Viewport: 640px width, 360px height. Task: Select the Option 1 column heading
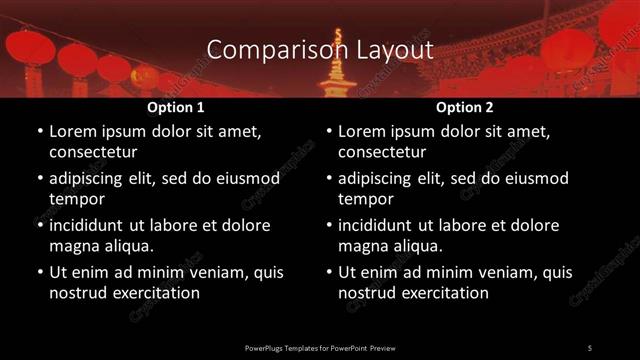click(176, 107)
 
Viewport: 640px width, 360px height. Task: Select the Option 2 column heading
click(465, 107)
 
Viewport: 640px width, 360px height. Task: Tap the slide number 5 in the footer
click(590, 347)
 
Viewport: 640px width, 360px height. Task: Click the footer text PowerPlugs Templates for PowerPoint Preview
click(320, 347)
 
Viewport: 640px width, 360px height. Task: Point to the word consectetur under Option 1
click(93, 152)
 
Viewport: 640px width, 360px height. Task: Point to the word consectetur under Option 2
click(382, 152)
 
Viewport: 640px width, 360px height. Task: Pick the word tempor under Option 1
click(75, 198)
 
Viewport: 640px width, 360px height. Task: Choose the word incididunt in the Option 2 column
click(382, 226)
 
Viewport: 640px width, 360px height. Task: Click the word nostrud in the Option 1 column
click(77, 293)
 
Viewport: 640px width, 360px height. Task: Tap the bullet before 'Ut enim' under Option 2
click(330, 273)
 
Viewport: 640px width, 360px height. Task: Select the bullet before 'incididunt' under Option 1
click(40, 226)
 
